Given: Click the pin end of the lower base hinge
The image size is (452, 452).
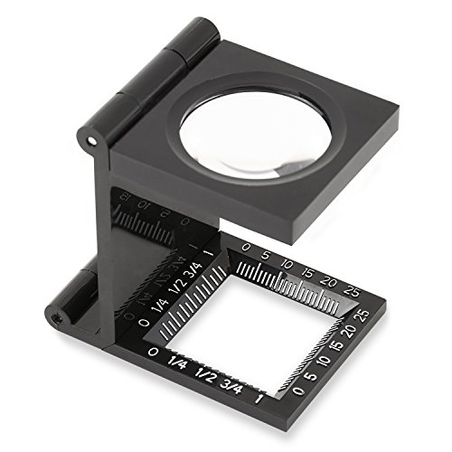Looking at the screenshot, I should (57, 317).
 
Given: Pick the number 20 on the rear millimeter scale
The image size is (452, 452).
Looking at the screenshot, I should (332, 284).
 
